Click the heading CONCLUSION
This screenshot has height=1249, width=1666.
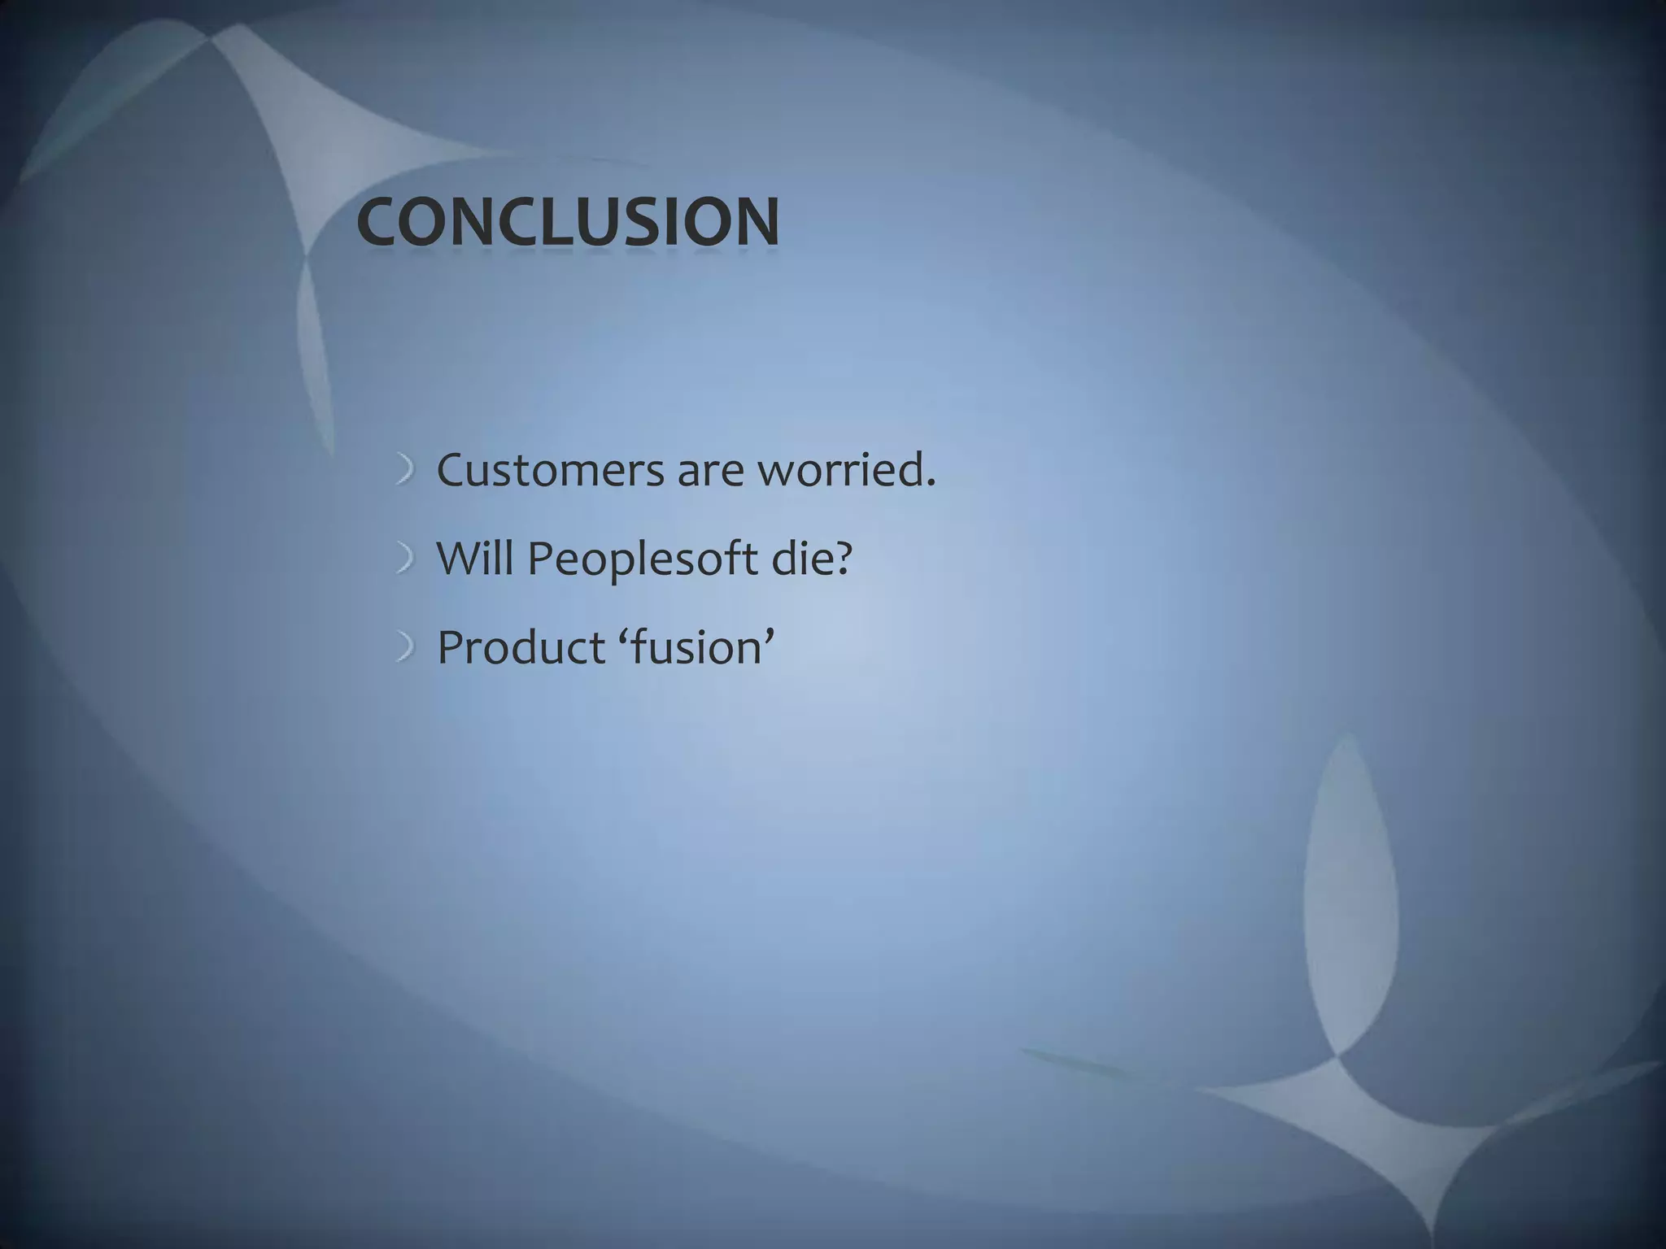(x=568, y=222)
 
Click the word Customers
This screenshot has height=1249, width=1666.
(x=550, y=471)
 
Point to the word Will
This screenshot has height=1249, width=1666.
(x=475, y=559)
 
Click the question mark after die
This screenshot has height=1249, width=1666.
(x=842, y=559)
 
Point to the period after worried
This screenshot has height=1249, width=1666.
(x=931, y=485)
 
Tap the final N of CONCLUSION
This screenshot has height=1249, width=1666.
(x=754, y=222)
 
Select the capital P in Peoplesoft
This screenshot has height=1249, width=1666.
(x=540, y=559)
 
